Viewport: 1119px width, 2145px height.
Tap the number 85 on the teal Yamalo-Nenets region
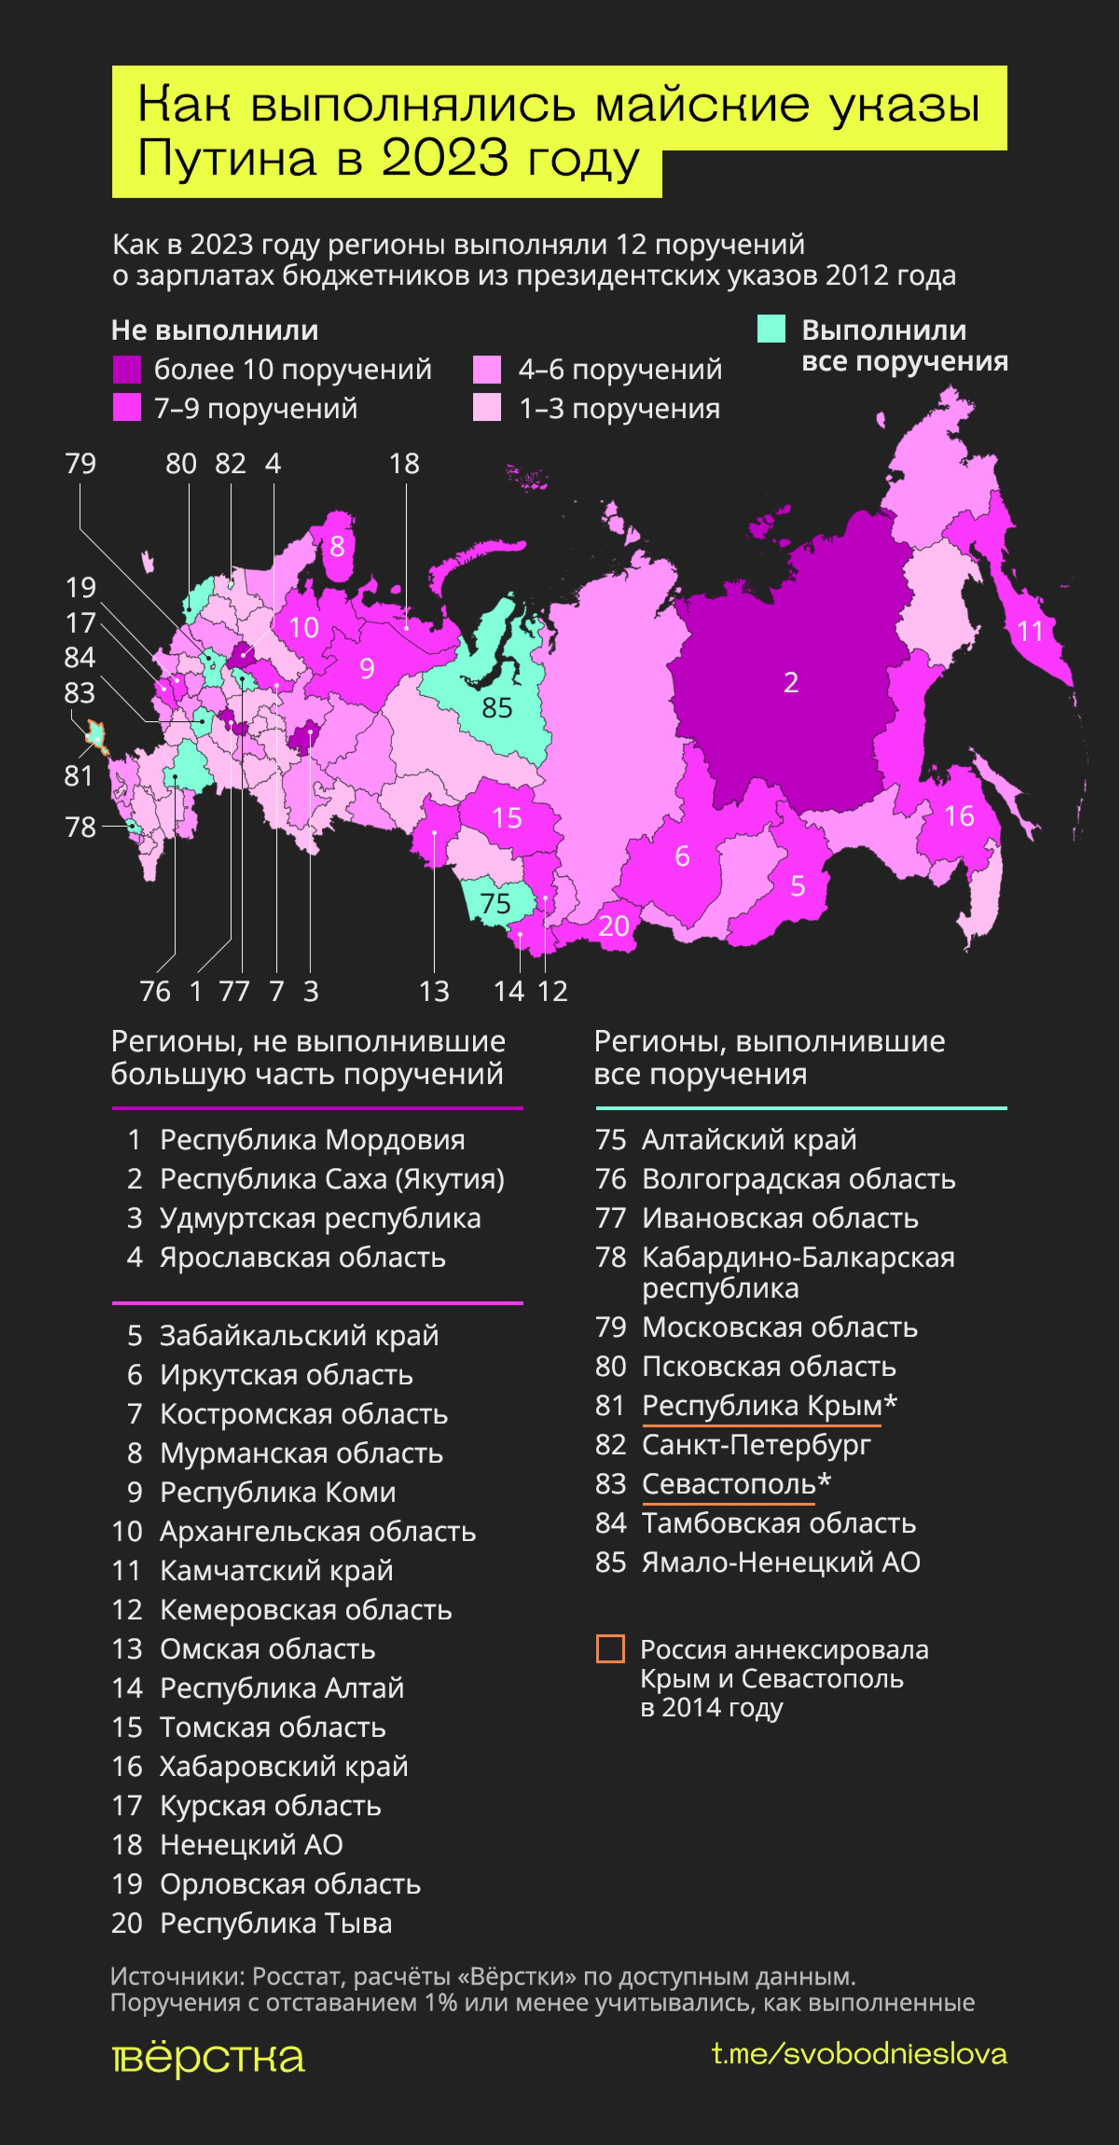497,708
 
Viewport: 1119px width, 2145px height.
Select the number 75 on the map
495,903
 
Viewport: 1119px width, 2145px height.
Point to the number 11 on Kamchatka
1030,631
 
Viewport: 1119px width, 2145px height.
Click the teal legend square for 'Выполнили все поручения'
771,329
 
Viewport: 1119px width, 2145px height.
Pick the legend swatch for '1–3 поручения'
487,408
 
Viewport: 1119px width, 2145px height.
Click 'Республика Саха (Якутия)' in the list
331,1179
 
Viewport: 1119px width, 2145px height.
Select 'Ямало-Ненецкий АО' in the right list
780,1562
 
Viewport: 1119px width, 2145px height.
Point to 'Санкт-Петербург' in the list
755,1445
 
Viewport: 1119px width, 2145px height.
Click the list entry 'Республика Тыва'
276,1923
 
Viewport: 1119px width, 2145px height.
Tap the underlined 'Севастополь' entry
728,1484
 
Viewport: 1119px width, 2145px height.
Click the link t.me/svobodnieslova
859,2053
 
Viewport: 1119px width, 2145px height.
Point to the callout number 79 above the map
81,464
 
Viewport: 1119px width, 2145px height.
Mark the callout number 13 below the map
434,991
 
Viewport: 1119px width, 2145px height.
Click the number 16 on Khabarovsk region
959,816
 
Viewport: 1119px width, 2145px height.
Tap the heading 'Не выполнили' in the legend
215,331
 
